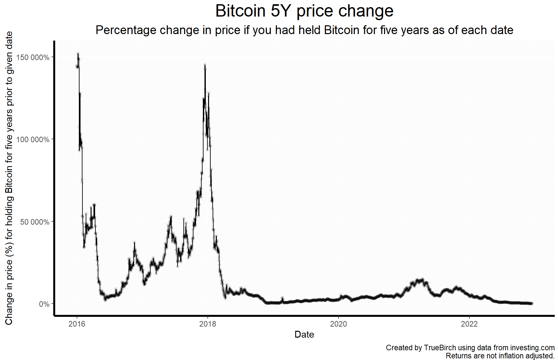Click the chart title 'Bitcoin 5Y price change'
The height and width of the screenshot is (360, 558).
(x=304, y=11)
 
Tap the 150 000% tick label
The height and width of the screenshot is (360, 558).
(x=33, y=57)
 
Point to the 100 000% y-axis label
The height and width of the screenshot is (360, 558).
(x=33, y=140)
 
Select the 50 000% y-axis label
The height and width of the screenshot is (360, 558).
(x=35, y=222)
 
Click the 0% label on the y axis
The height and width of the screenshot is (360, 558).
(x=44, y=304)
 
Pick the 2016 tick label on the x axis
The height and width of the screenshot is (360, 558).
(x=77, y=324)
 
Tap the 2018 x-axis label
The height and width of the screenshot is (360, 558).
(x=208, y=324)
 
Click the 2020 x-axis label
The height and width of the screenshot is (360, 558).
(x=339, y=324)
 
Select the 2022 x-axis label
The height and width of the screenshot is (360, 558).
(x=469, y=324)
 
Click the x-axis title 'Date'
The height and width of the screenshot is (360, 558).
(x=304, y=335)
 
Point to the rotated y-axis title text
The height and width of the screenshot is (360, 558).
(x=9, y=178)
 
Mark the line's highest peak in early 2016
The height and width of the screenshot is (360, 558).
(x=78, y=54)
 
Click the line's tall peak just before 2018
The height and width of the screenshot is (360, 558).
(x=205, y=65)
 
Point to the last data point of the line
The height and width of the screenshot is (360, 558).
(x=532, y=304)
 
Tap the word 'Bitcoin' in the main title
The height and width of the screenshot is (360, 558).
(x=241, y=11)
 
